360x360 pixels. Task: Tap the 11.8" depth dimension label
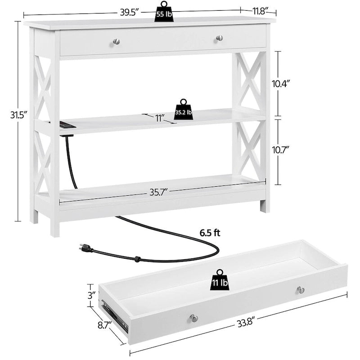point(261,11)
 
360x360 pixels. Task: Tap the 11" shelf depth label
point(160,118)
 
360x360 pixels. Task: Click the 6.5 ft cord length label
point(210,233)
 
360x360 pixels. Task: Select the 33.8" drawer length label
point(245,323)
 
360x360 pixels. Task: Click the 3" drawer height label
point(92,295)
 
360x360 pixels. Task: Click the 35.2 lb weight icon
point(183,109)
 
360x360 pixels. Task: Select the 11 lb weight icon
point(220,279)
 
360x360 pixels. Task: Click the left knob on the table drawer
point(117,41)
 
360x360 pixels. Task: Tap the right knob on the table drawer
point(220,38)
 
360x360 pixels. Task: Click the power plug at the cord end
point(85,247)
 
